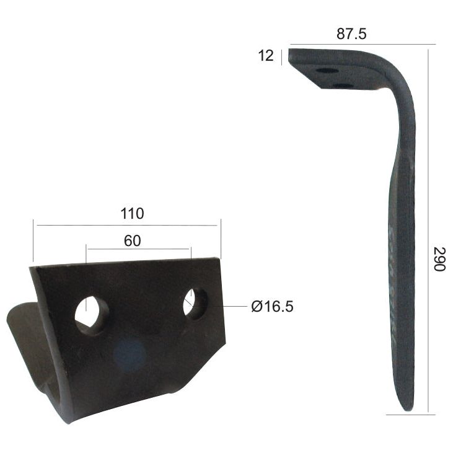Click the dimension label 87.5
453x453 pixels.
click(x=351, y=34)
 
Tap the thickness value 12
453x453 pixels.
click(x=265, y=56)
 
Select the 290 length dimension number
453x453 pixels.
click(x=439, y=259)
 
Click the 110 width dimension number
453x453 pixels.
click(x=132, y=214)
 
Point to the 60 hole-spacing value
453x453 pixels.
click(x=132, y=240)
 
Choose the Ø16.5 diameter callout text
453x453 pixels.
click(x=272, y=307)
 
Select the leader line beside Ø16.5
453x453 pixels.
click(x=235, y=306)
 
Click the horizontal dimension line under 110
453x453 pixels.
click(x=127, y=226)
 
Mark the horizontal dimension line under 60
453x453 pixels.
click(x=138, y=249)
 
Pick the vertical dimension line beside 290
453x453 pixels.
click(x=428, y=229)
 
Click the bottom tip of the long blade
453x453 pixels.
click(x=406, y=406)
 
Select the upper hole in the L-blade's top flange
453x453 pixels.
click(x=327, y=71)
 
